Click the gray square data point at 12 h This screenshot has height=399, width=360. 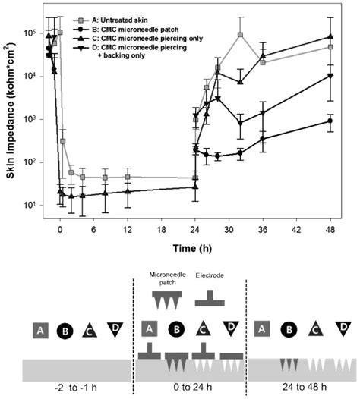click(128, 177)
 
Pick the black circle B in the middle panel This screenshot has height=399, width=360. click(175, 328)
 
